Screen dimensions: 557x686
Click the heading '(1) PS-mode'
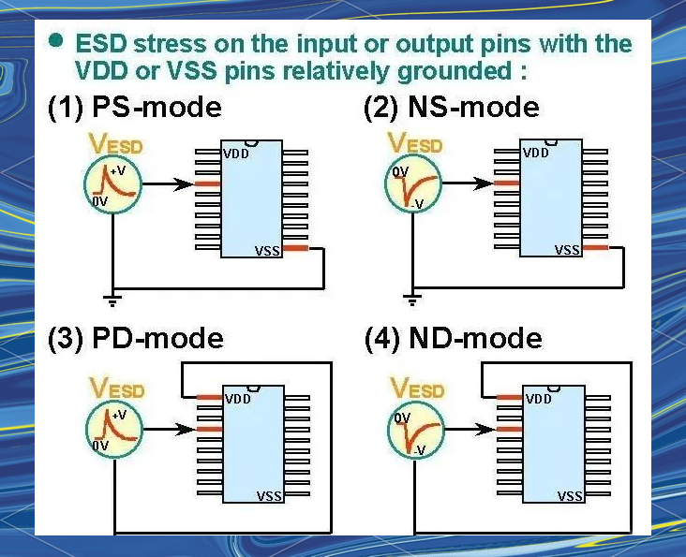[x=134, y=108]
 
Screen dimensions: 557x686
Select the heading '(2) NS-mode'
[x=451, y=108]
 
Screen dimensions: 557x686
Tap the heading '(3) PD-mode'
[x=135, y=338]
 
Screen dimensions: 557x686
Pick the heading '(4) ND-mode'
[x=453, y=338]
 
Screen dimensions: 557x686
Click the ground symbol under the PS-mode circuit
[x=113, y=300]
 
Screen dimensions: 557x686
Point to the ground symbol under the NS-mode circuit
[x=411, y=300]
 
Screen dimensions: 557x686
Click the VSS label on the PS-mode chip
[x=267, y=251]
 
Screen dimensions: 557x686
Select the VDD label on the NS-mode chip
[x=537, y=153]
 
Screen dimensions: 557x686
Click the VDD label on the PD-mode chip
[x=237, y=399]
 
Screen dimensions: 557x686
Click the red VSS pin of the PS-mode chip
[x=295, y=248]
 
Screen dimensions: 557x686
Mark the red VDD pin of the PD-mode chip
[x=209, y=398]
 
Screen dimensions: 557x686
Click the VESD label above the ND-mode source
[x=416, y=388]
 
